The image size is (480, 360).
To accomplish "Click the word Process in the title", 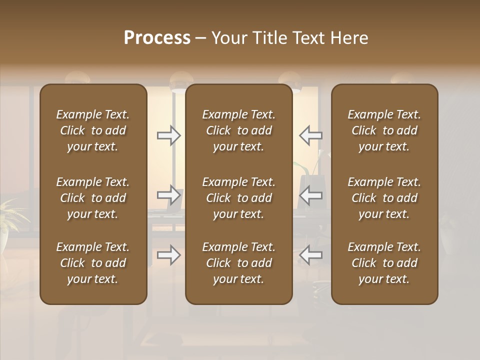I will tap(157, 38).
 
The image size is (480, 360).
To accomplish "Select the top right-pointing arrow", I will tap(169, 135).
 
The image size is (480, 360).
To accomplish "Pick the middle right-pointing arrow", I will tap(169, 195).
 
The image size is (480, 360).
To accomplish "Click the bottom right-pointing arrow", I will tap(169, 255).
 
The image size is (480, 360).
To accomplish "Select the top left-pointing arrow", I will tap(310, 135).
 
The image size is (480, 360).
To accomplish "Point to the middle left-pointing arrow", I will tap(310, 195).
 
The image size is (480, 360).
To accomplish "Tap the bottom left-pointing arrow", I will tap(310, 255).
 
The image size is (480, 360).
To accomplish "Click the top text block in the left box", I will tap(93, 130).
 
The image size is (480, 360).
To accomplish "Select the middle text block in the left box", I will tap(93, 198).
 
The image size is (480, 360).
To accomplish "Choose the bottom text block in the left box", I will tap(93, 263).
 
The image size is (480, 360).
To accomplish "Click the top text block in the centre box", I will tap(239, 130).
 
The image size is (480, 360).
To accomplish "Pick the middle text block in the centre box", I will tap(239, 198).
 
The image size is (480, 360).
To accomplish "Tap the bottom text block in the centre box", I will tap(239, 263).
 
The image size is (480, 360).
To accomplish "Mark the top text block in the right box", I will tap(384, 130).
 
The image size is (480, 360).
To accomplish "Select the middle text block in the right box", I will tap(384, 198).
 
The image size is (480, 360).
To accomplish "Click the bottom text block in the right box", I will tap(384, 263).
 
